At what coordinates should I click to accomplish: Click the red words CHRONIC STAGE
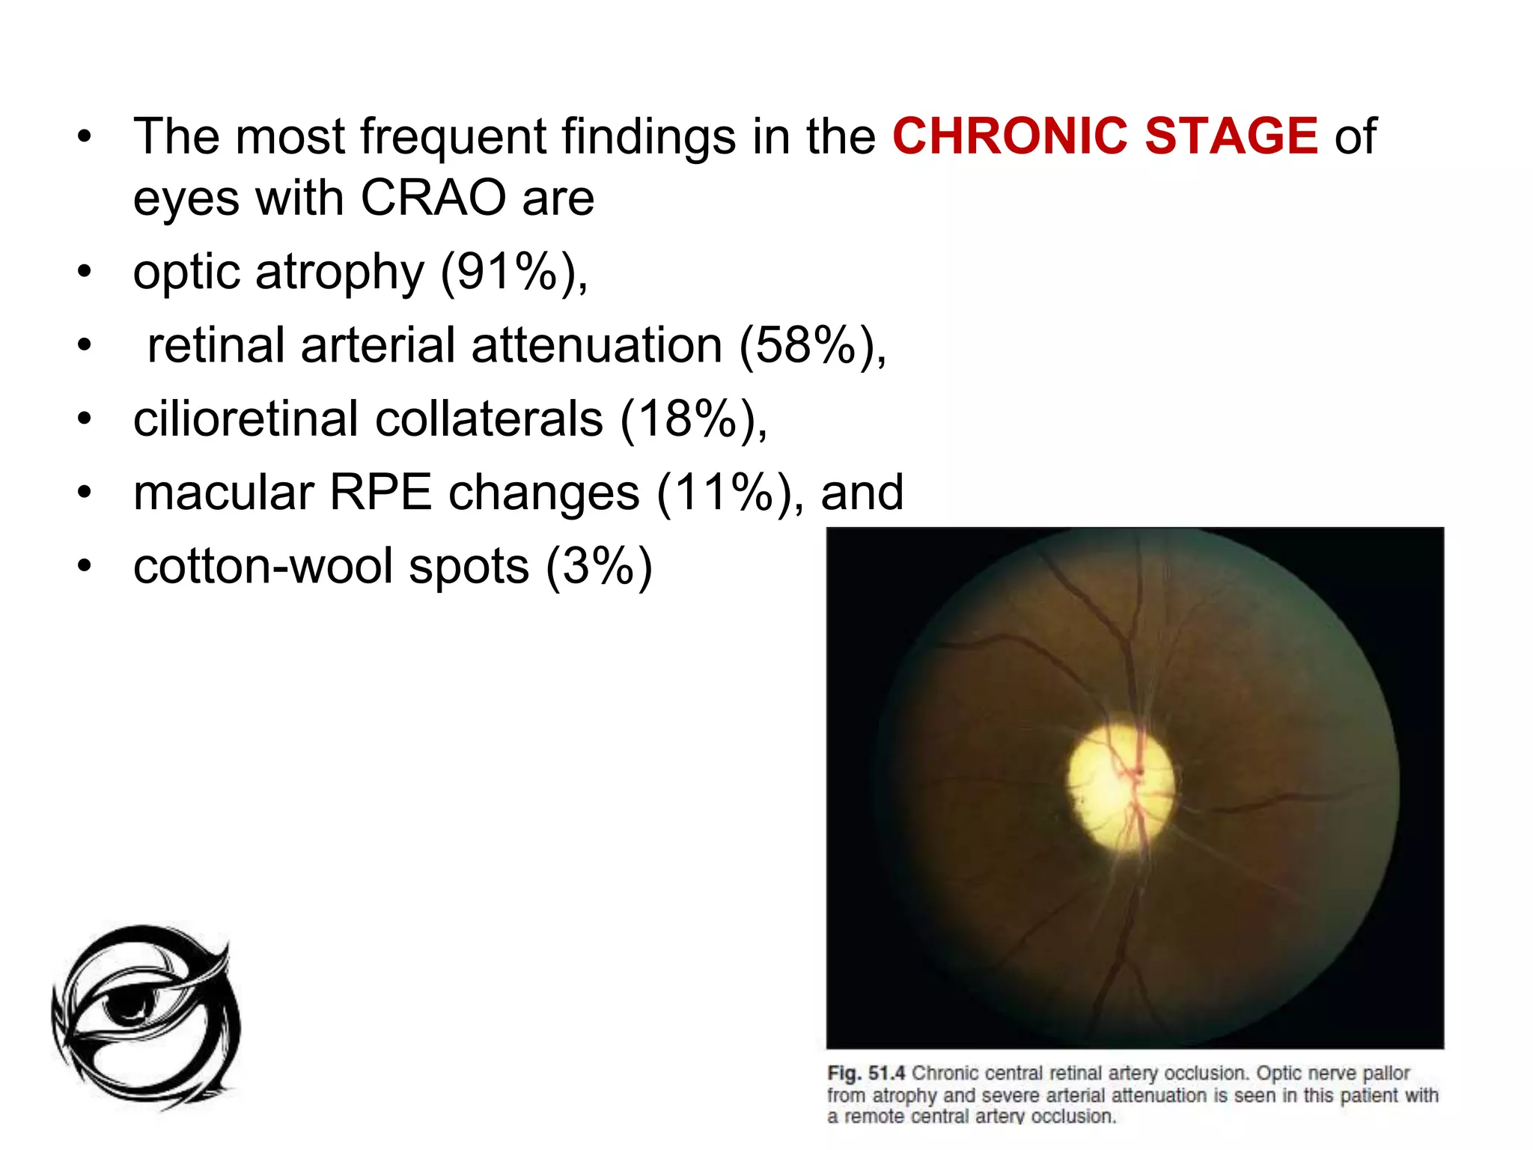[x=1105, y=136]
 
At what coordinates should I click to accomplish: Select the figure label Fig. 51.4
[x=866, y=1073]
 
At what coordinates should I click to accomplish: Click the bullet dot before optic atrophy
[x=85, y=271]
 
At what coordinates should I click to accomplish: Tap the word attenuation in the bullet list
[x=597, y=345]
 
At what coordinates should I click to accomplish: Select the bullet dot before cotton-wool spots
[x=85, y=566]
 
